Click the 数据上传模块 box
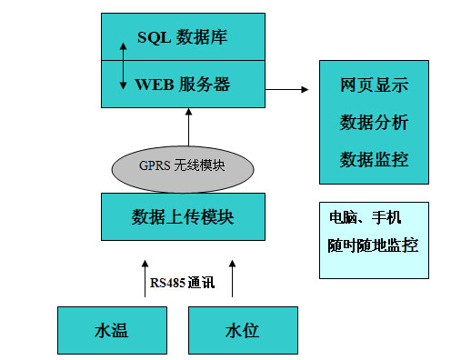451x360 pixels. (183, 216)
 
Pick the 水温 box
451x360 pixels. (111, 330)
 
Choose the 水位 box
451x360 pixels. (242, 330)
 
